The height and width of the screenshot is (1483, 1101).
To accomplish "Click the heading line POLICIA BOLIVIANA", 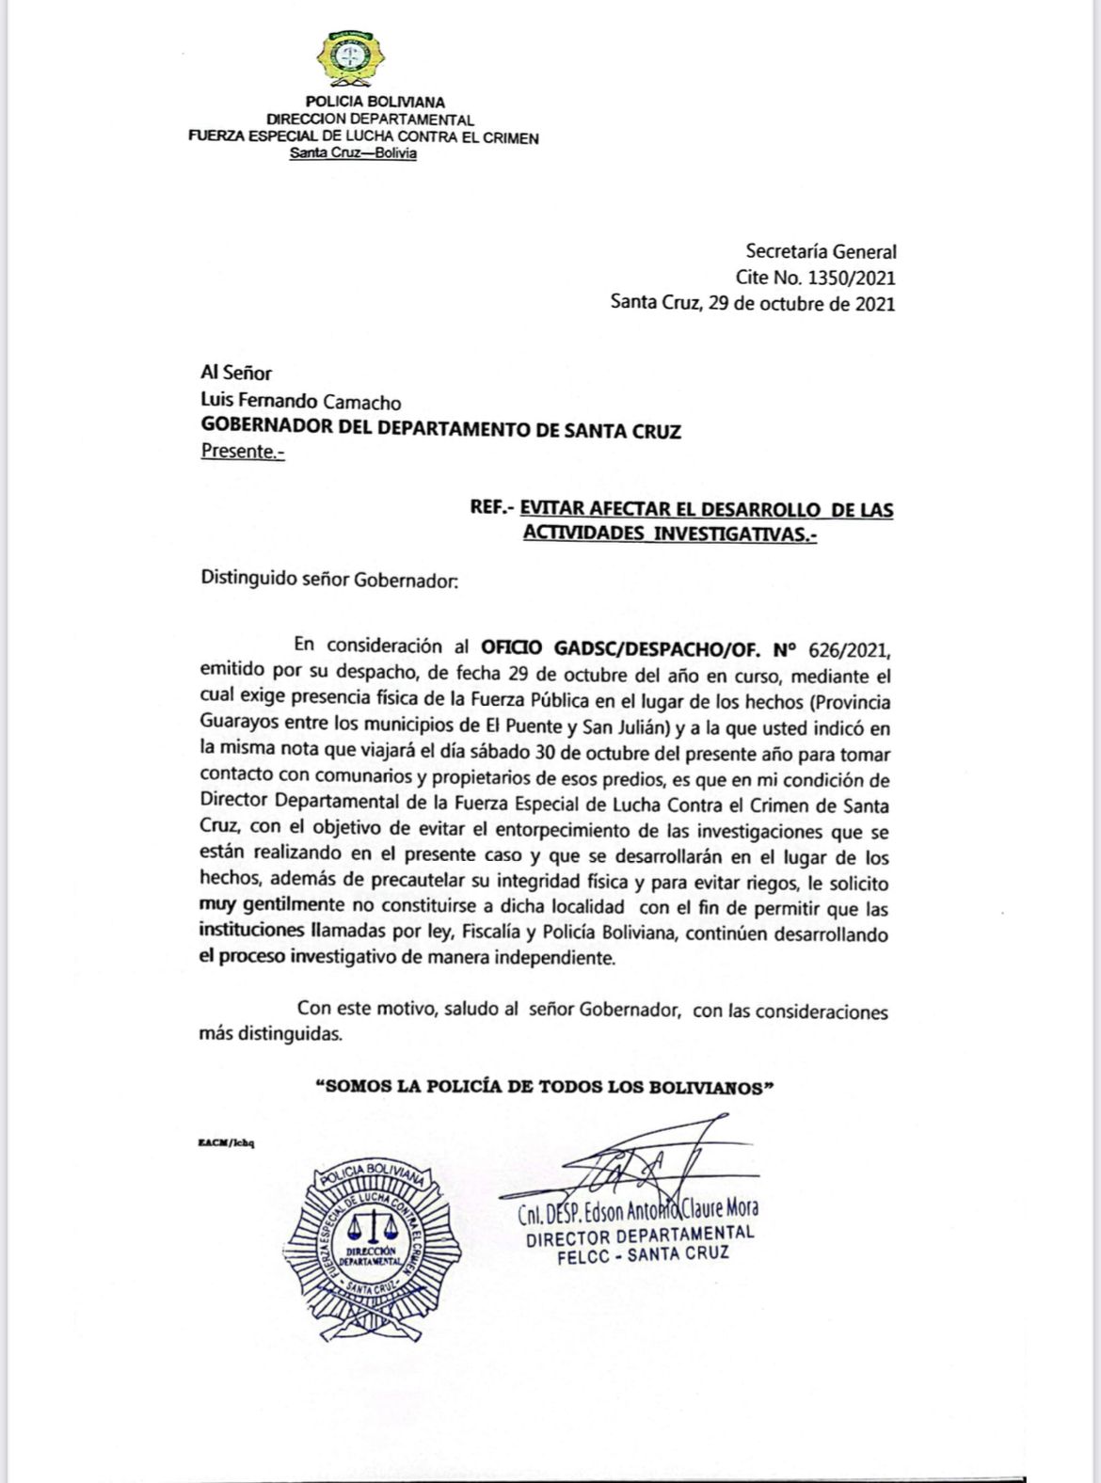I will [375, 102].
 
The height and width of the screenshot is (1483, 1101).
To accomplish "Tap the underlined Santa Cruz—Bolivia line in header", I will [354, 153].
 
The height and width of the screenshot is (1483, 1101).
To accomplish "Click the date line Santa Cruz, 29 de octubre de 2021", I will [753, 303].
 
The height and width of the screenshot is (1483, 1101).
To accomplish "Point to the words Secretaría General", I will [821, 251].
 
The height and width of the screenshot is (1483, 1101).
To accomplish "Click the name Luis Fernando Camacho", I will [301, 403].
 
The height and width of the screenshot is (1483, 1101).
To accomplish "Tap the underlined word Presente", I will [241, 451].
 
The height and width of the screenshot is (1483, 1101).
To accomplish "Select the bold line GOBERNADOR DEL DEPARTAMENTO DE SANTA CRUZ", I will [441, 431].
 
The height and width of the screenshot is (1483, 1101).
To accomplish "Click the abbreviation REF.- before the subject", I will [491, 510].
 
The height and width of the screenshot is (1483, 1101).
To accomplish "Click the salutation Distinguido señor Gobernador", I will [329, 580].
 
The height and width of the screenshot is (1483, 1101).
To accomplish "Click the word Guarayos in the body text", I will [237, 727].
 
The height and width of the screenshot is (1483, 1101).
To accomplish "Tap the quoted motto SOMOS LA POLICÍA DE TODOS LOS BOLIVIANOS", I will [544, 1087].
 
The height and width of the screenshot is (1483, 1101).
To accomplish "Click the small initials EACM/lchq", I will [227, 1143].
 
